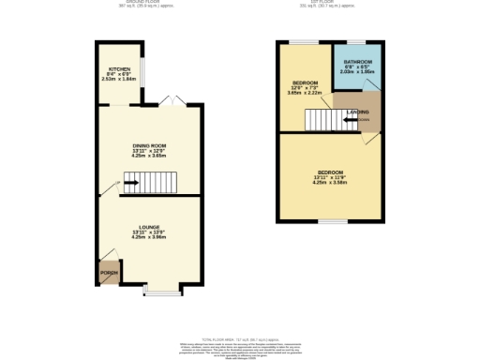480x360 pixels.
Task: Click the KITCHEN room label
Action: click(x=119, y=69)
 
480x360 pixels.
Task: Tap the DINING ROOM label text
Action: click(x=147, y=145)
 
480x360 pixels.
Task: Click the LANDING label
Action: click(x=357, y=112)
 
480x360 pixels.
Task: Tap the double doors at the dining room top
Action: click(x=171, y=99)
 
